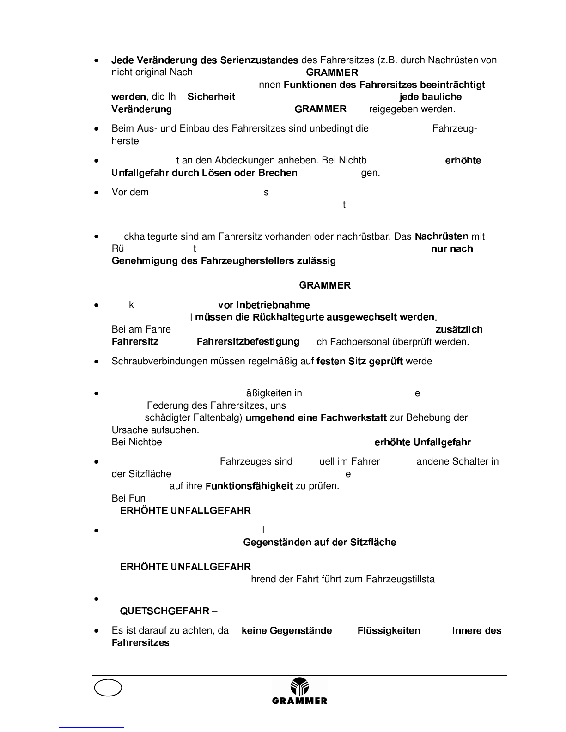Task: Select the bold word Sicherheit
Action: tap(211, 97)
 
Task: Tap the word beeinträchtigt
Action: tap(456, 85)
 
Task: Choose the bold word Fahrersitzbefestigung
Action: tap(248, 342)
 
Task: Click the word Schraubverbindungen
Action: tap(160, 361)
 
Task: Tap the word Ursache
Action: tap(127, 430)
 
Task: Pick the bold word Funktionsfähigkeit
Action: tap(249, 486)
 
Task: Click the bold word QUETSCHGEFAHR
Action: tap(164, 611)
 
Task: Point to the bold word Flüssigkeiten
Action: tap(389, 631)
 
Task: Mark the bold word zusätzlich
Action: tap(459, 330)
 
